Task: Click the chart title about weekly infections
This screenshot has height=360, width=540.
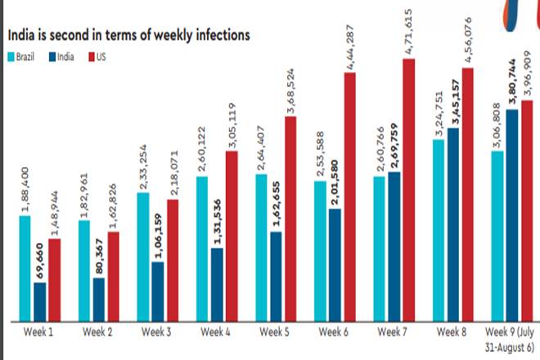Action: pyautogui.click(x=129, y=36)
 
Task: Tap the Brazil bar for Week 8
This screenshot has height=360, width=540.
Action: pyautogui.click(x=438, y=229)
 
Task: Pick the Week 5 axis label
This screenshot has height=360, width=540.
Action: pyautogui.click(x=274, y=332)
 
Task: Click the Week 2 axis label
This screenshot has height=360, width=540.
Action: pyautogui.click(x=99, y=332)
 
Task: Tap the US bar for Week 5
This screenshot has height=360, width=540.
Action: pyautogui.click(x=290, y=218)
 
